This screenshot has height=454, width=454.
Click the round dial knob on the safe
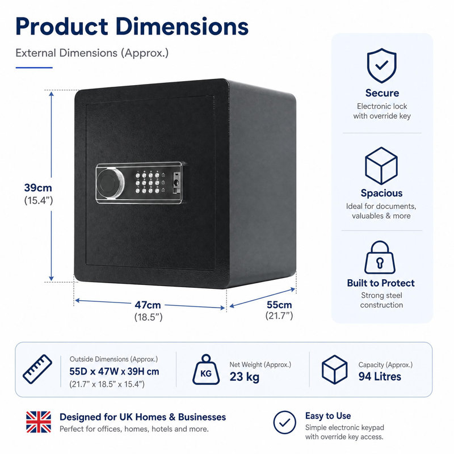click(110, 183)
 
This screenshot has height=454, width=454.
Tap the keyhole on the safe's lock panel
click(176, 183)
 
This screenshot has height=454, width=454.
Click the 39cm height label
click(38, 188)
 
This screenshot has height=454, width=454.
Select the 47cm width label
click(148, 305)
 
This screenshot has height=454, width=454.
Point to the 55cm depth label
click(279, 305)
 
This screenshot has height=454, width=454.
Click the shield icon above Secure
click(381, 66)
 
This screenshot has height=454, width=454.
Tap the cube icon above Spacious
click(381, 166)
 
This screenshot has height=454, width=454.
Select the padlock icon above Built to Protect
click(380, 258)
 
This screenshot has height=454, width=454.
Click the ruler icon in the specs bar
click(37, 369)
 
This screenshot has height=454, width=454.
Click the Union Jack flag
click(39, 422)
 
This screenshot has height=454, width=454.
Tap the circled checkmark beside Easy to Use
click(285, 422)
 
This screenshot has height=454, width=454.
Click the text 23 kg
click(245, 377)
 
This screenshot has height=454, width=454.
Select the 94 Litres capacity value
click(380, 376)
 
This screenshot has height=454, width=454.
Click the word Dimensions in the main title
click(182, 27)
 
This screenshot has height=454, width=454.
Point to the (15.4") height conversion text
click(38, 200)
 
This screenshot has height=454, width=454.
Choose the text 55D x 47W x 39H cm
click(114, 372)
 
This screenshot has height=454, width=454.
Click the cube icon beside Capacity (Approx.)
click(334, 369)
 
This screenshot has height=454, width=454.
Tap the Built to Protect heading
click(381, 283)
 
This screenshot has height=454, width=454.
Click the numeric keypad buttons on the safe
click(148, 182)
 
